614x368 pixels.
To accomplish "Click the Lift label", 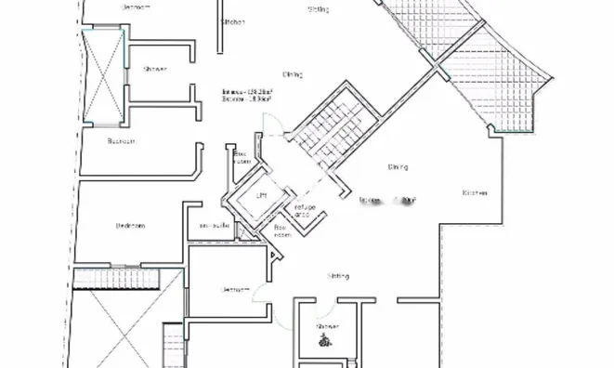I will (262, 196).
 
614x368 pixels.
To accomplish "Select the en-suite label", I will (216, 226).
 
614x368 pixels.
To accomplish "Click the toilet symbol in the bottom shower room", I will (324, 340).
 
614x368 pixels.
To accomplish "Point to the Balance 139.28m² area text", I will (244, 92).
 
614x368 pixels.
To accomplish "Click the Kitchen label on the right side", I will (475, 192).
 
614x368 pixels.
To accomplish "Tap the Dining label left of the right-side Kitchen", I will (398, 167).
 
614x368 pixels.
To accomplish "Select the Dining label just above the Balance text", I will (293, 73).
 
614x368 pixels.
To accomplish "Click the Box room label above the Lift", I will (242, 157).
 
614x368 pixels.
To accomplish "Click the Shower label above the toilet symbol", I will (327, 327).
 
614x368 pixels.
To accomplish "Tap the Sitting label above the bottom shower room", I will (338, 277).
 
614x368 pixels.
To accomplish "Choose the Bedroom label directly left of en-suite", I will (130, 226).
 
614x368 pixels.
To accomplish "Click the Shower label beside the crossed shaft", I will (154, 69).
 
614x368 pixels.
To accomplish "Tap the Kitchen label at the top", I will (232, 21).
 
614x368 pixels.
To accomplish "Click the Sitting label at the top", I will (318, 9).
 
